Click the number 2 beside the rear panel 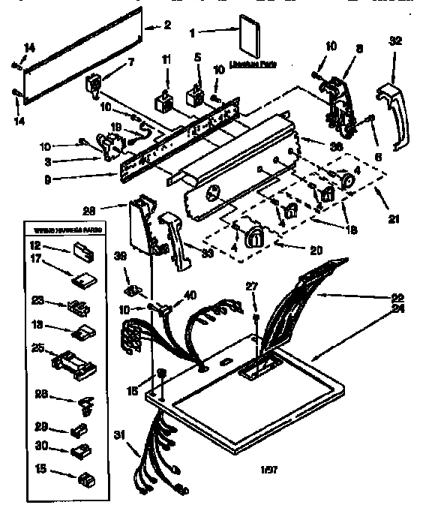click(x=168, y=26)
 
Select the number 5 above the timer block click(x=198, y=57)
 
